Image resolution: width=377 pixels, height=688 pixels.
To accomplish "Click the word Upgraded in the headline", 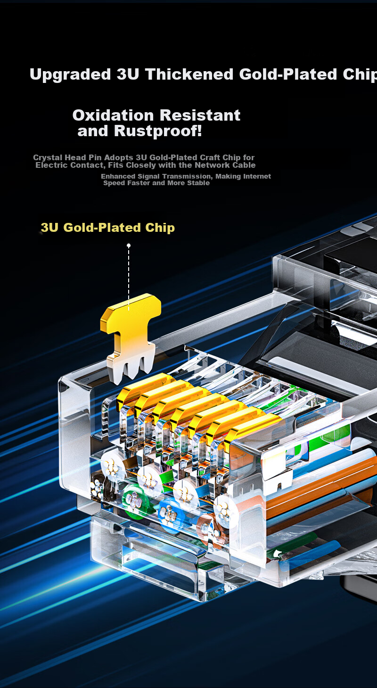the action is coord(70,74).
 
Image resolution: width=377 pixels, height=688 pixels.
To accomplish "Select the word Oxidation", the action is coord(113,115).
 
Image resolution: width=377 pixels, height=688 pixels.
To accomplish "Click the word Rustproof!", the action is coord(158,131).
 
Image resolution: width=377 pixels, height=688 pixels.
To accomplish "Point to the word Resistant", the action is coord(200,115).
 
